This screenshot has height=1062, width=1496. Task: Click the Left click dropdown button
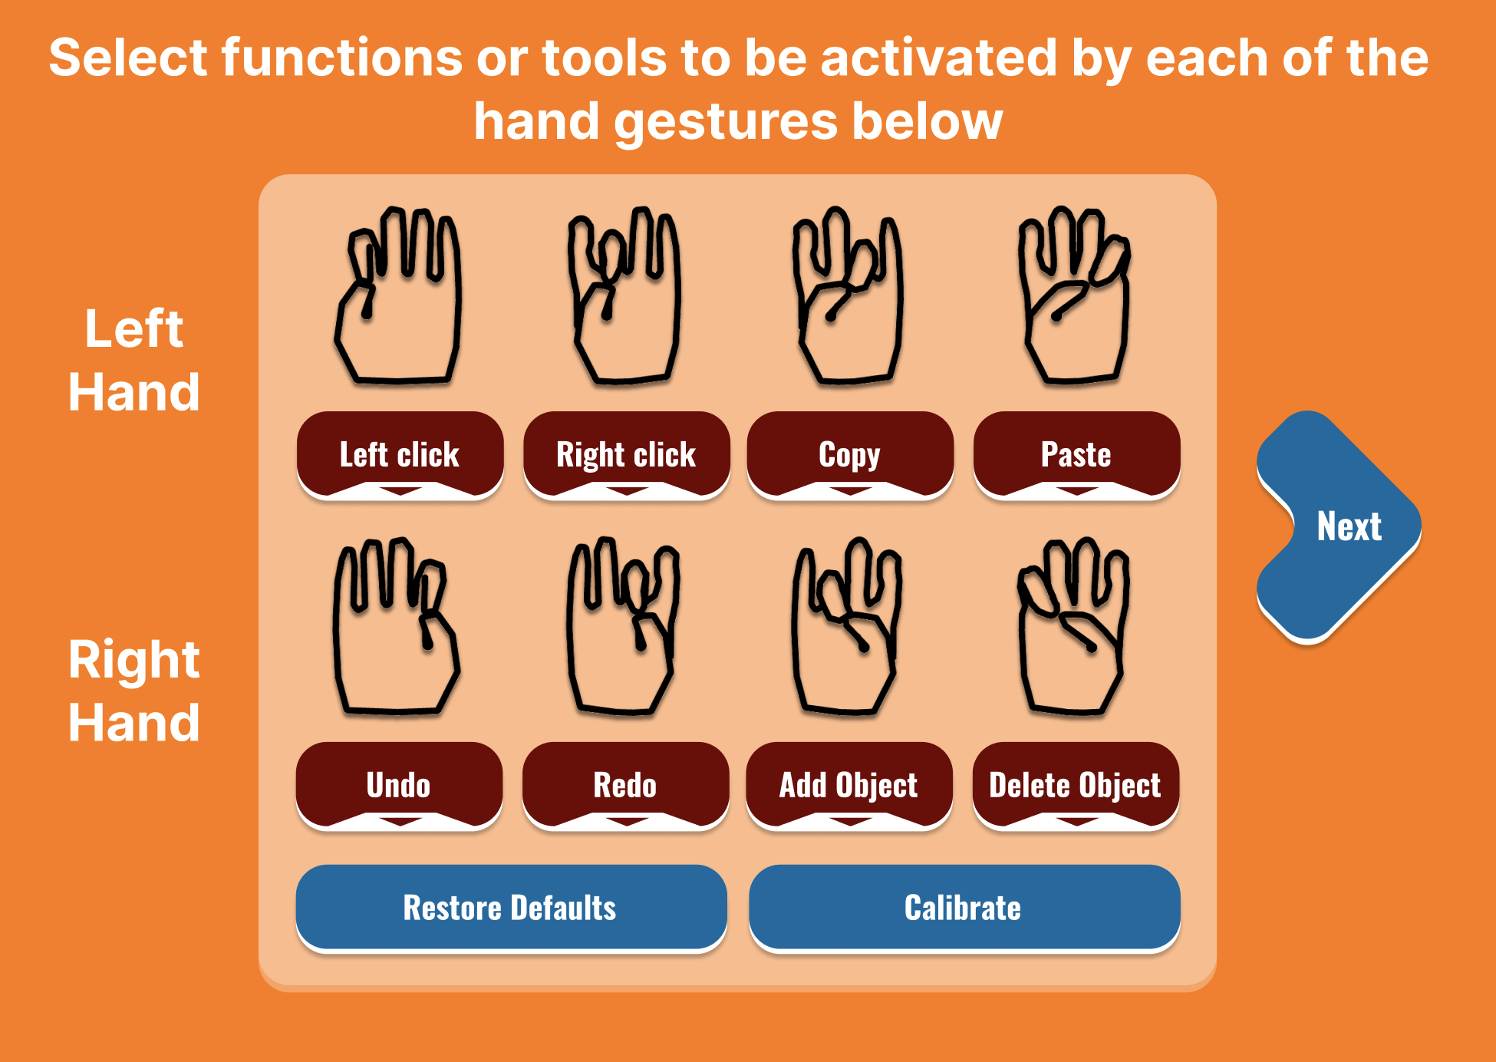[x=400, y=455]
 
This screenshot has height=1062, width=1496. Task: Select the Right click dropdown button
[x=626, y=455]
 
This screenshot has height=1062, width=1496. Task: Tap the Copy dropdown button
[x=850, y=455]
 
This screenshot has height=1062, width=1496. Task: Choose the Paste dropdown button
[x=1076, y=455]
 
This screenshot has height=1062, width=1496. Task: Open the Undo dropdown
[x=399, y=786]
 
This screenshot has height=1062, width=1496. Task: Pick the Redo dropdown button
[x=625, y=786]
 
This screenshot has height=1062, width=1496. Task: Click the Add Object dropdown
[x=849, y=786]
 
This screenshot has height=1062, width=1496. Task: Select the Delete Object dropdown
[x=1076, y=786]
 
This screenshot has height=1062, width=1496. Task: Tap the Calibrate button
[x=964, y=909]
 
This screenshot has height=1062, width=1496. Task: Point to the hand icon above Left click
[x=398, y=295]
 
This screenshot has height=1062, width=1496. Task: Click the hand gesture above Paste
[x=1075, y=295]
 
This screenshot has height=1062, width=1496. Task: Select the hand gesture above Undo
[x=397, y=626]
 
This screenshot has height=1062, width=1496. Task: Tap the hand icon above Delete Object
[x=1073, y=626]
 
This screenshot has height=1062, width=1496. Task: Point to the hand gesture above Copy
[x=848, y=295]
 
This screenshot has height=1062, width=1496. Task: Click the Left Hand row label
[x=134, y=360]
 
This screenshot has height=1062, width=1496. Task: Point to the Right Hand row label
[x=134, y=691]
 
